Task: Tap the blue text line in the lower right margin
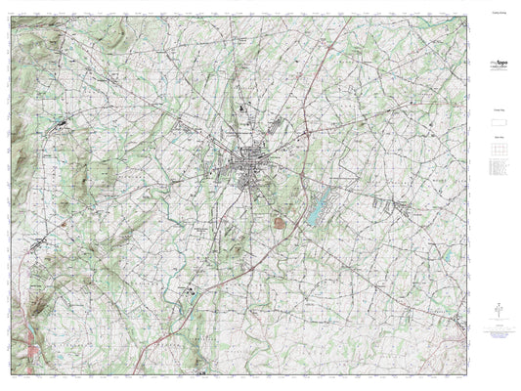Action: coord(499,335)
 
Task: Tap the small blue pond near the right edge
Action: coord(447,256)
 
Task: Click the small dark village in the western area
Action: coord(62,124)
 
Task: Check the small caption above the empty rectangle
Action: coord(499,113)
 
